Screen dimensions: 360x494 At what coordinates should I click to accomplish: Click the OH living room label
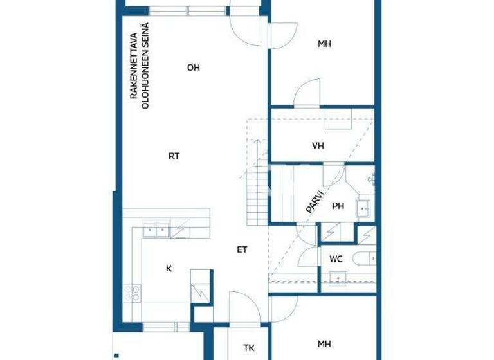pos(193,67)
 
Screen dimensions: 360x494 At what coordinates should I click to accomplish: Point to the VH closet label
pos(318,146)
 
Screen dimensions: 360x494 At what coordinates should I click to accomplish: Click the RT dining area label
pos(174,156)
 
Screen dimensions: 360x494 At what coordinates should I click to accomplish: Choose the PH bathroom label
pos(338,206)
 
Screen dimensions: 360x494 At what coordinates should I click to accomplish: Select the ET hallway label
pos(242,249)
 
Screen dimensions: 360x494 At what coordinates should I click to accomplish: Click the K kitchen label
pos(169,269)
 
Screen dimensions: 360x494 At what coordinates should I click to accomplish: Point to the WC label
pos(336,259)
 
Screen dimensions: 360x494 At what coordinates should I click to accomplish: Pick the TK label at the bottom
pos(248,348)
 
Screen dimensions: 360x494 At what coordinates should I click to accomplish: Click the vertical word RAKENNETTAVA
pos(134,66)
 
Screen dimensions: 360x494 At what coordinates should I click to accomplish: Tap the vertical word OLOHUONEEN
pos(145,66)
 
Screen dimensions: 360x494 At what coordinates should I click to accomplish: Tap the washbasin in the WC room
pos(338,278)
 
